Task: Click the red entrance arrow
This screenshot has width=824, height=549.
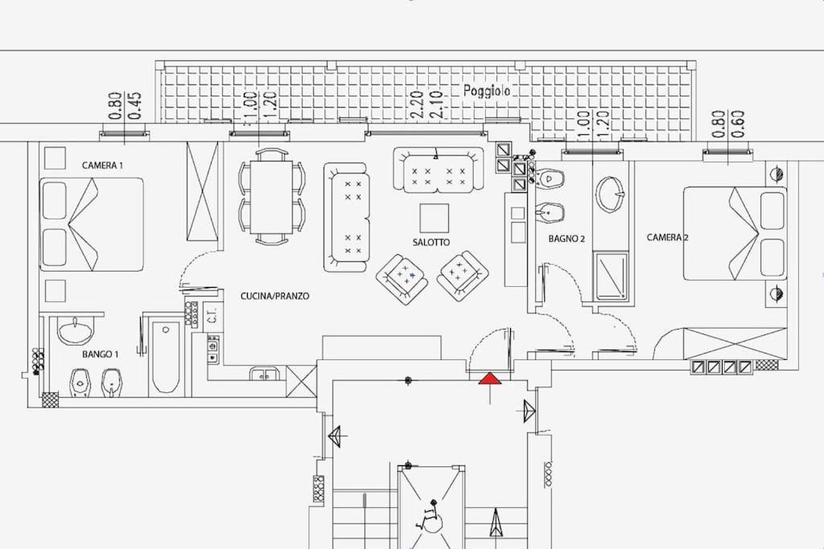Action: click(x=490, y=379)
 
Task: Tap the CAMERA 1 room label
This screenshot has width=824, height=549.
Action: click(x=102, y=166)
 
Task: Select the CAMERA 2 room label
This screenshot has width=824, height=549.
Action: click(x=667, y=237)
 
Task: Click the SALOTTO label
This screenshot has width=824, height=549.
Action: click(x=431, y=243)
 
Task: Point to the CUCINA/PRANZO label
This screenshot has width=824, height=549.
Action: click(x=275, y=296)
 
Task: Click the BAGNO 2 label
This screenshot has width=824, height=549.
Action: click(x=566, y=239)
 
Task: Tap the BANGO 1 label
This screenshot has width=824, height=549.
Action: click(x=101, y=354)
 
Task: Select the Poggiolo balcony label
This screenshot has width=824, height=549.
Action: click(x=487, y=91)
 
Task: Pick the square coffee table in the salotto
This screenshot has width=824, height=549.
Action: click(x=434, y=219)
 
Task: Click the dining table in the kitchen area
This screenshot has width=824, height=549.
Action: click(x=272, y=197)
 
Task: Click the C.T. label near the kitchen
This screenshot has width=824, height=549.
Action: click(x=212, y=317)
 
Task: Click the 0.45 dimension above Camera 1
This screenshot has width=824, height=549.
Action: click(x=134, y=105)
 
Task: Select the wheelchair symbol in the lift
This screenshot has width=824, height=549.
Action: click(x=431, y=514)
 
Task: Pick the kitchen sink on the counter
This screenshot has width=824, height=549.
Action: click(x=266, y=375)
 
